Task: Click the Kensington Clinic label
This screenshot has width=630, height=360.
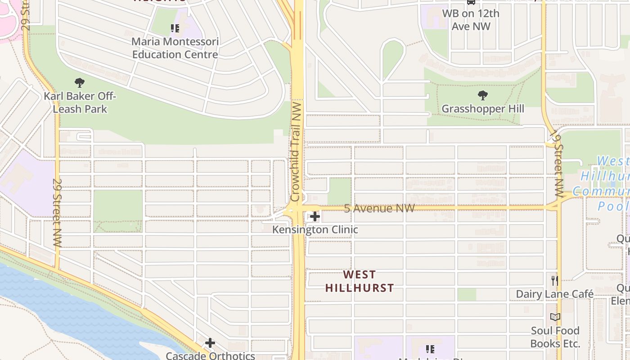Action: coord(315,229)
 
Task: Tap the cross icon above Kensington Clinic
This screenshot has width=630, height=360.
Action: coord(315,217)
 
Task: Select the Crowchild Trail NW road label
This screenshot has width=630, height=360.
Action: coord(296,151)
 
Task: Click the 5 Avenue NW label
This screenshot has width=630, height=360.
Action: coord(379,208)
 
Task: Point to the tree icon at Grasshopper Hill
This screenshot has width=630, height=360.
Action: coord(483,95)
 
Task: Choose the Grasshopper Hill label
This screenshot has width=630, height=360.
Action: coord(483,109)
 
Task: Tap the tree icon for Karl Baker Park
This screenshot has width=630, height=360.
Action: coord(80,83)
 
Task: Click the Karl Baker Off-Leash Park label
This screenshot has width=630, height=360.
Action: coord(80,103)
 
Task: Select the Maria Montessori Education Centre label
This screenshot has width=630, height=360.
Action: coord(175,48)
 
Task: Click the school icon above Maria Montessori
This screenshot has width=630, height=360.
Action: coord(175,29)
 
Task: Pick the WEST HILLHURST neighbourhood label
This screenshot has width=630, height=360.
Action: coord(360,281)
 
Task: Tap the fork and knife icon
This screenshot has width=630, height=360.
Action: coord(555,281)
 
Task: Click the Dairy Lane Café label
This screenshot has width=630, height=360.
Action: coord(555,294)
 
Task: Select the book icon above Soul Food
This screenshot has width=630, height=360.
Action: coord(555,317)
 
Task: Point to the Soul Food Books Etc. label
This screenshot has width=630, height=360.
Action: coord(555,337)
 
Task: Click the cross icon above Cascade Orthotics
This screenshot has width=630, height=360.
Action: coord(210,343)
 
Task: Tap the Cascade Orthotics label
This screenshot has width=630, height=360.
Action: coord(211,355)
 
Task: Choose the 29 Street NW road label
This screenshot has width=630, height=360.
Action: coord(57,212)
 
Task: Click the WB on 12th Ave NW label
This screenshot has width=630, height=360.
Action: coord(471,20)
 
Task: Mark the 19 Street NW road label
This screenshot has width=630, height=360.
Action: coord(558,166)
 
